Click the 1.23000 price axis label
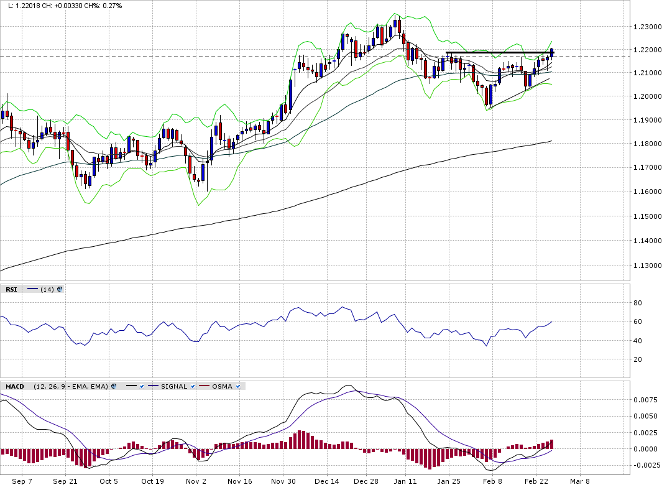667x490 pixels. click(646, 27)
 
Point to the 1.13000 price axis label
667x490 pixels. click(646, 266)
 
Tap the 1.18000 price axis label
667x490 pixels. click(646, 144)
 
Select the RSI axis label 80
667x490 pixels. click(637, 303)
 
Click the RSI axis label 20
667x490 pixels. click(637, 359)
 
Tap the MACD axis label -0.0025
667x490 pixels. click(646, 465)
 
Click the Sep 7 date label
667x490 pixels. click(22, 481)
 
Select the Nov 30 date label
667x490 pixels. click(283, 481)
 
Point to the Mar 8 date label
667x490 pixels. click(579, 481)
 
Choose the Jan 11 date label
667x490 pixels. click(405, 481)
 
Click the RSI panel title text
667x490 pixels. click(11, 289)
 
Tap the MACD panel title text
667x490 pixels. click(15, 386)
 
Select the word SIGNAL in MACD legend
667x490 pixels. click(174, 386)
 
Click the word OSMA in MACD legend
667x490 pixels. click(222, 386)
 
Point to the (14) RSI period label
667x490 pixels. click(47, 289)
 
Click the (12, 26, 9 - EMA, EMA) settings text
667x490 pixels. click(71, 386)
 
